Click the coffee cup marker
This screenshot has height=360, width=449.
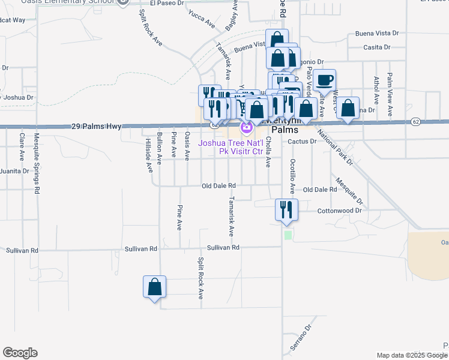tap(324, 80)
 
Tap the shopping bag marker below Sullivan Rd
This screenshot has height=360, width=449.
tap(154, 286)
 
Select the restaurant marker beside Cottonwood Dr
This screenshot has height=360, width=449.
tap(286, 209)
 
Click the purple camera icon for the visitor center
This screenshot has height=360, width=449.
tap(246, 127)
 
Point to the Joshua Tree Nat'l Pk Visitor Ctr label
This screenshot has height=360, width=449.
tap(231, 147)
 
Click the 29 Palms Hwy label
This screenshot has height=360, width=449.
tap(96, 127)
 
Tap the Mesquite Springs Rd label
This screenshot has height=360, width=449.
tap(37, 171)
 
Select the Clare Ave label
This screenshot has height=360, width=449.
tap(22, 147)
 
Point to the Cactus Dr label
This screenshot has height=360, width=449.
tap(302, 142)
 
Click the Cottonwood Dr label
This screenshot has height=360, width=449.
tap(340, 211)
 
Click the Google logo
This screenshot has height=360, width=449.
tap(20, 353)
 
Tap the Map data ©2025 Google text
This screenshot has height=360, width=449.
tap(411, 355)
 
